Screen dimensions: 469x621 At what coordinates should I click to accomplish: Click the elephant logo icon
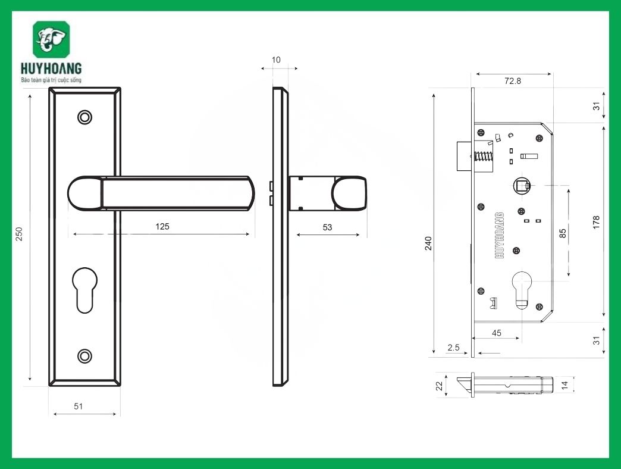pyautogui.click(x=51, y=40)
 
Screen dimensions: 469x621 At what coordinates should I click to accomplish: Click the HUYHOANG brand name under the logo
pyautogui.click(x=51, y=68)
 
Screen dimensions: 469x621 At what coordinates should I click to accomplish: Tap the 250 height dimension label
pyautogui.click(x=18, y=234)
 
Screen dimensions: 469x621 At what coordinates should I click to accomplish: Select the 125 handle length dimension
pyautogui.click(x=162, y=226)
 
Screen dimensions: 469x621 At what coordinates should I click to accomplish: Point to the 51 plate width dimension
pyautogui.click(x=78, y=406)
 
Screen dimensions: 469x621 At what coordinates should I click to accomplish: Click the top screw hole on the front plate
pyautogui.click(x=85, y=117)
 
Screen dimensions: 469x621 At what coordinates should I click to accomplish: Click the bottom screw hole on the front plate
pyautogui.click(x=85, y=356)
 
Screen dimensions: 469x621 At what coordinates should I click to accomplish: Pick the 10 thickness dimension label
pyautogui.click(x=276, y=60)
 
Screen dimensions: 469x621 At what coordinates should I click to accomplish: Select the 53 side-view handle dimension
pyautogui.click(x=328, y=227)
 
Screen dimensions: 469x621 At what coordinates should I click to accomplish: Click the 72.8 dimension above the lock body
pyautogui.click(x=512, y=81)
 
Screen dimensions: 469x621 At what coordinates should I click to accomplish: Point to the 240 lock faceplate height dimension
pyautogui.click(x=428, y=243)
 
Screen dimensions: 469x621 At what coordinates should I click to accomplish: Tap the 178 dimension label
pyautogui.click(x=597, y=222)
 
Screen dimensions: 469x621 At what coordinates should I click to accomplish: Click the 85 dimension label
pyautogui.click(x=563, y=233)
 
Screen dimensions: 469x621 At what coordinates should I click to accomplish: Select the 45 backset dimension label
pyautogui.click(x=496, y=333)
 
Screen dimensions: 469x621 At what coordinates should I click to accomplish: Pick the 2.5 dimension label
pyautogui.click(x=453, y=348)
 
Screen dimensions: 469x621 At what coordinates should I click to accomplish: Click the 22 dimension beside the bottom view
pyautogui.click(x=440, y=386)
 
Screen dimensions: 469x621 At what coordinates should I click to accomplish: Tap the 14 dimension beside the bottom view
pyautogui.click(x=566, y=386)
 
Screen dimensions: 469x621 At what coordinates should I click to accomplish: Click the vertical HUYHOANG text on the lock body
pyautogui.click(x=499, y=234)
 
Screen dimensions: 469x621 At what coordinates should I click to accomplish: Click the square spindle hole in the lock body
pyautogui.click(x=522, y=187)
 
